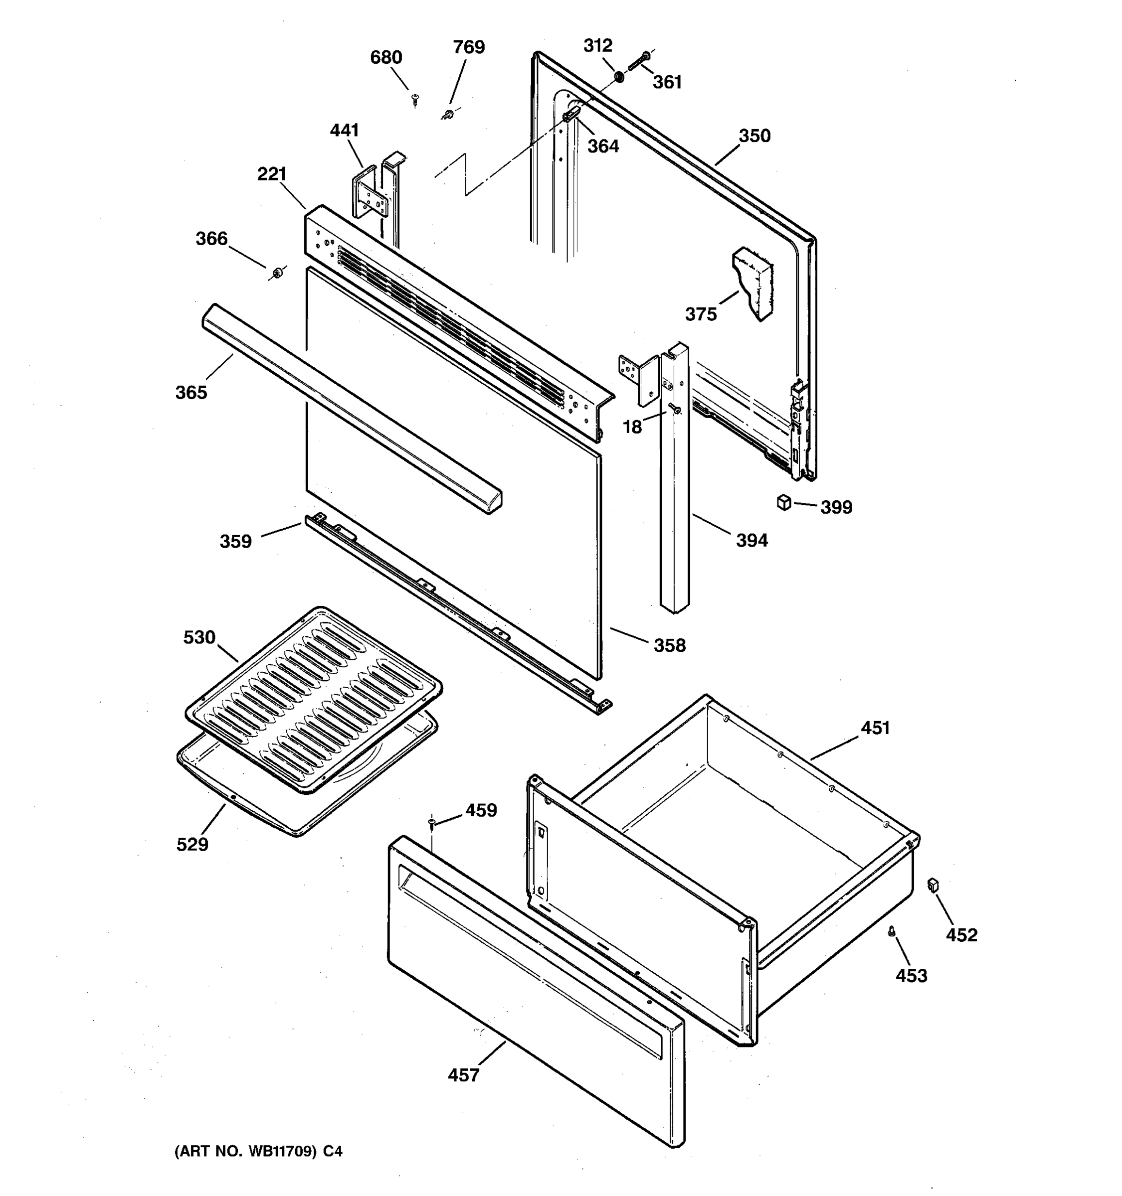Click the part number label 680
click(385, 58)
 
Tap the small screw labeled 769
click(447, 113)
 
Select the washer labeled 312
click(618, 77)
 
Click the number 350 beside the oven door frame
click(754, 136)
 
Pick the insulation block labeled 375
click(752, 283)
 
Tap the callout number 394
click(752, 540)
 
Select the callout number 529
click(192, 844)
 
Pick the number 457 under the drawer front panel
click(463, 1075)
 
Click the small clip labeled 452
click(934, 885)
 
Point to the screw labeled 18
click(675, 409)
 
